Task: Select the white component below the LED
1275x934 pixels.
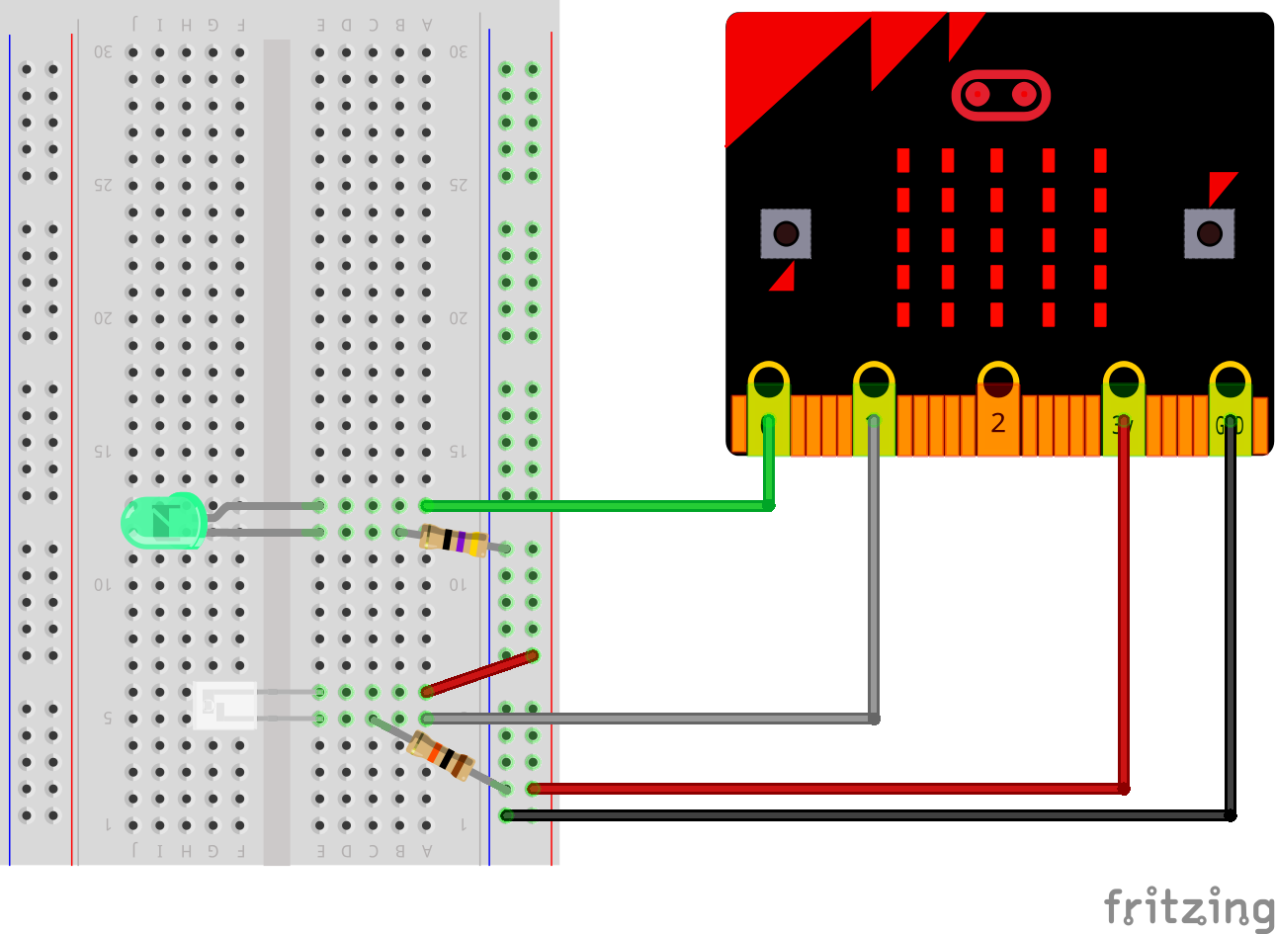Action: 225,706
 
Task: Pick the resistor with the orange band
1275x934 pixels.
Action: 442,756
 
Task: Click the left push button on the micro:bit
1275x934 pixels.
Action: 786,233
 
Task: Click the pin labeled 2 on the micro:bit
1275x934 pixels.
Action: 998,415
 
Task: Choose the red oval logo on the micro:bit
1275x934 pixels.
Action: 1000,95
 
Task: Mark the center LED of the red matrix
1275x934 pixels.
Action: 996,239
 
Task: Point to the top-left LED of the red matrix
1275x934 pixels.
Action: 903,160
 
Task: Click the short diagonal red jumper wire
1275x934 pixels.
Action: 479,673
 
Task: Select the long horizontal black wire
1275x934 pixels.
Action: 870,815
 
